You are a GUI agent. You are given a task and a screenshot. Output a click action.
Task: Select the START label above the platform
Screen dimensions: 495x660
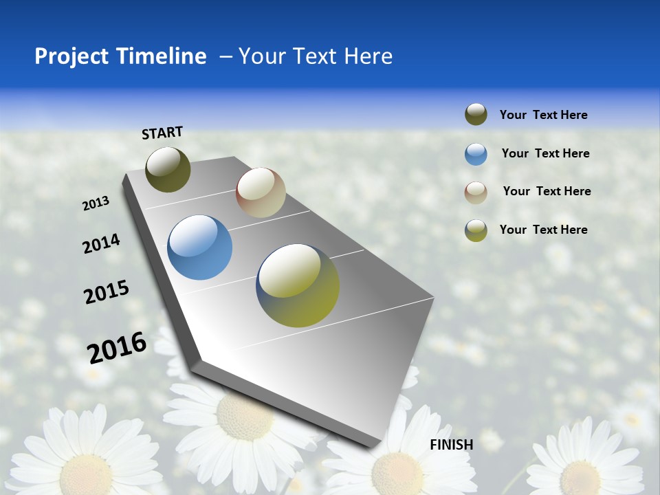162,133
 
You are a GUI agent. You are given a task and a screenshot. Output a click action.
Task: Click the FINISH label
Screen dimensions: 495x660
451,445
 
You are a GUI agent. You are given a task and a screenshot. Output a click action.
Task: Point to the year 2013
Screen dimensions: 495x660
96,203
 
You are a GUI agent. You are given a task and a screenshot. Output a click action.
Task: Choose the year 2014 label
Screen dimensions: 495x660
101,244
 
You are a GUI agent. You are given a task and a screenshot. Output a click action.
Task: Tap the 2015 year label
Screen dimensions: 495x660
106,292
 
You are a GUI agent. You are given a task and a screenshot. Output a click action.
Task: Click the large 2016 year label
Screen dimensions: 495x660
117,348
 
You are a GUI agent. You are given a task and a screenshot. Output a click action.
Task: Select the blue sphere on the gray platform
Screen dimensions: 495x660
199,247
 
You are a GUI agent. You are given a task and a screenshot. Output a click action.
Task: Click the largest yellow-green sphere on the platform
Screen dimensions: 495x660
298,285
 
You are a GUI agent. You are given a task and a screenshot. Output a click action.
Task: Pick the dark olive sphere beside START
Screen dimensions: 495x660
168,169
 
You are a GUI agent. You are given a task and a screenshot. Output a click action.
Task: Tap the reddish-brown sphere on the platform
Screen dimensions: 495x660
261,192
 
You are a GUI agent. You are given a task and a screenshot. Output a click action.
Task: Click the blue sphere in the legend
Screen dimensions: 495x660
476,154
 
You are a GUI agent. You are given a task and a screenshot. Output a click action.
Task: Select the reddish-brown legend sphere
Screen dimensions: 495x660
476,192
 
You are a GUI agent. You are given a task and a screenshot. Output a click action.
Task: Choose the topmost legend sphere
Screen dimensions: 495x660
476,115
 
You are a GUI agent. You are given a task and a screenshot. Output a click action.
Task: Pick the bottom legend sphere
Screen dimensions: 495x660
476,230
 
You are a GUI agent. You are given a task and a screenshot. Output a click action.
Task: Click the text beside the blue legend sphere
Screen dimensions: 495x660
545,153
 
